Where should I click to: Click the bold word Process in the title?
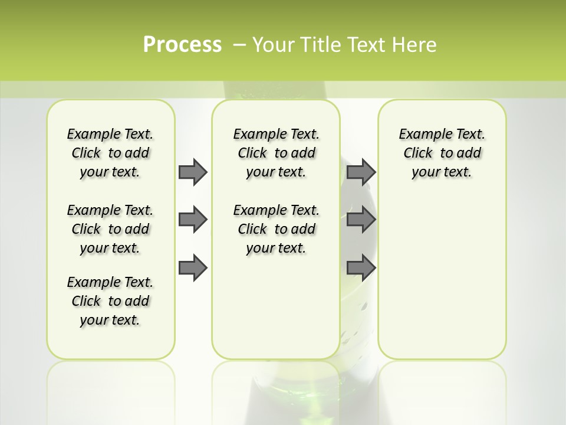point(182,45)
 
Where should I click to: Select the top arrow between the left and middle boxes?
point(193,172)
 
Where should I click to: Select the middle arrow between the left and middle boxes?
point(193,220)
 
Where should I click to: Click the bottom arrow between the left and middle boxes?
point(193,267)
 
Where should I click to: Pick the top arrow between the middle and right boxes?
point(361,172)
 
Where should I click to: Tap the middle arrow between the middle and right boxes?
point(361,220)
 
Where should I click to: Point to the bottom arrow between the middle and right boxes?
point(361,267)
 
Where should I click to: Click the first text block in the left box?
point(110,153)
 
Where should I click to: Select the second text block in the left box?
point(110,229)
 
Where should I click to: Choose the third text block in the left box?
point(110,301)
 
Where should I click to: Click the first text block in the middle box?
point(276,153)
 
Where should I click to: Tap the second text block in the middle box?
point(276,229)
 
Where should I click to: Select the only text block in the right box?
point(442,153)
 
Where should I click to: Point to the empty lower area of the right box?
point(442,277)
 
